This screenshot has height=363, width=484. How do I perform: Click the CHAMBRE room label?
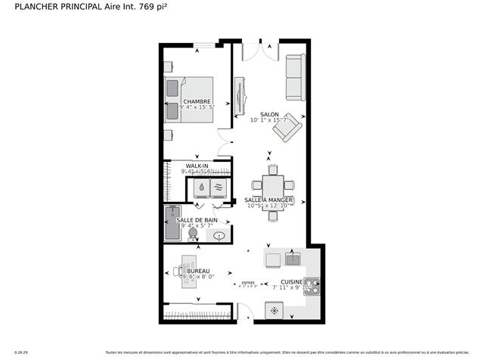click(196, 101)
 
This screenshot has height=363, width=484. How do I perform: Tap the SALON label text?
click(269, 114)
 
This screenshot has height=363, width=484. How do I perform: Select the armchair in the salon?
click(287, 127)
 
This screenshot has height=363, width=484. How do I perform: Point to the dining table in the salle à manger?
click(273, 185)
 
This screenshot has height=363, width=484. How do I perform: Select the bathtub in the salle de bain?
click(172, 222)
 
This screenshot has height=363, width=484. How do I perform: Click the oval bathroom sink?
click(219, 236)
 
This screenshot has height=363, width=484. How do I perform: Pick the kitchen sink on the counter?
click(293, 259)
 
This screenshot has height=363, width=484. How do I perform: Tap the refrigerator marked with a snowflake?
click(275, 310)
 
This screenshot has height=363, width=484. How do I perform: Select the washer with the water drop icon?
click(202, 188)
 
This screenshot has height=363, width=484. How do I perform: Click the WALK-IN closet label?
click(197, 166)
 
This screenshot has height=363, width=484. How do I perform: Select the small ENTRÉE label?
click(248, 283)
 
